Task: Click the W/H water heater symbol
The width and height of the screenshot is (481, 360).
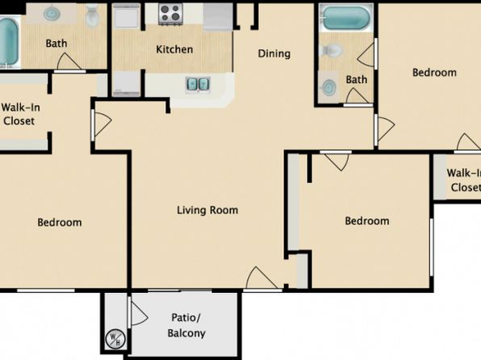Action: click(x=115, y=339)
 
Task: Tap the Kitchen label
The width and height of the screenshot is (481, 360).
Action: click(x=174, y=49)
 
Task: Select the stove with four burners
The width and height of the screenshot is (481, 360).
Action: click(x=170, y=14)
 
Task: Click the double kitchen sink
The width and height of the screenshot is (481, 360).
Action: click(x=198, y=84)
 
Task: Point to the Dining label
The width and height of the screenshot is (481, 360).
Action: click(x=274, y=54)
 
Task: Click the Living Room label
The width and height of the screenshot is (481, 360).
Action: click(x=207, y=210)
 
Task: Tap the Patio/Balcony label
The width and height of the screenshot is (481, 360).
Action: click(x=186, y=325)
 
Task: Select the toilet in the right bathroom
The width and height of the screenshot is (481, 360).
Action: click(x=330, y=50)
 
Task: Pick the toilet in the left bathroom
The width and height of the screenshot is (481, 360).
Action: click(x=92, y=15)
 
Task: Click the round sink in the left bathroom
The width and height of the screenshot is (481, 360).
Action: click(x=52, y=14)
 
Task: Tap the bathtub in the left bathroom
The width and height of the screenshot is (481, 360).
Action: click(x=8, y=42)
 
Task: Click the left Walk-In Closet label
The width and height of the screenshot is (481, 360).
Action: click(x=20, y=114)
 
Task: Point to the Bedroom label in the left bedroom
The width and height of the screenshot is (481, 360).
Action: click(x=60, y=223)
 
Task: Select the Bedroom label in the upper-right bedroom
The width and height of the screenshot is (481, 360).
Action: click(x=434, y=73)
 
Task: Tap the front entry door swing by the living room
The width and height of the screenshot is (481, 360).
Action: click(x=262, y=277)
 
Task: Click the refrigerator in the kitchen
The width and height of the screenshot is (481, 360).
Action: click(x=218, y=17)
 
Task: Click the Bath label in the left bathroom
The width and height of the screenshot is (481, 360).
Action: click(x=56, y=44)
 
